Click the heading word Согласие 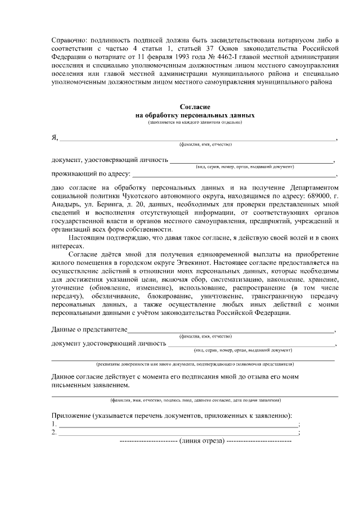point(195,107)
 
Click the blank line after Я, point(197,138)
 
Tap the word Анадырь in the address point(67,204)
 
